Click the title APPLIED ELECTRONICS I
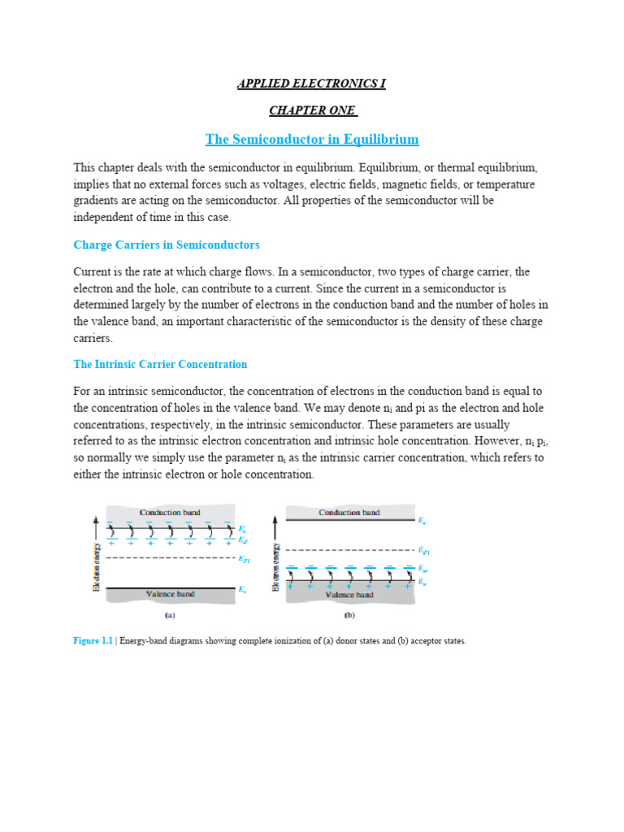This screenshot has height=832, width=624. [x=312, y=84]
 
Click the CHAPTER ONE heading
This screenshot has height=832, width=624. [x=313, y=110]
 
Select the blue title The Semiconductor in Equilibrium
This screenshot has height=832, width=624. [x=312, y=140]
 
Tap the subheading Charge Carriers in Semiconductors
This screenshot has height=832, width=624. [x=167, y=245]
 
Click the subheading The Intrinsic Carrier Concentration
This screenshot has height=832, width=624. [x=160, y=364]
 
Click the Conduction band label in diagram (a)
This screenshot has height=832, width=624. [x=170, y=513]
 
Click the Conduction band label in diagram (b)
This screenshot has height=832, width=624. [x=349, y=513]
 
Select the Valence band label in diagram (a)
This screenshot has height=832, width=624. [x=170, y=594]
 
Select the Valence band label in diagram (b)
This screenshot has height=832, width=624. [x=349, y=594]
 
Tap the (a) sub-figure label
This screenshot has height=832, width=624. [x=170, y=616]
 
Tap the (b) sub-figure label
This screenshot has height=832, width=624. [x=349, y=616]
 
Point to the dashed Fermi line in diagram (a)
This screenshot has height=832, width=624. [x=170, y=558]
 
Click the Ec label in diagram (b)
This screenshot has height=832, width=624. [x=421, y=520]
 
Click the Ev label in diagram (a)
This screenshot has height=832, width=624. [x=241, y=588]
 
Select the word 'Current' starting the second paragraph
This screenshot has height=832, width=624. [x=93, y=271]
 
